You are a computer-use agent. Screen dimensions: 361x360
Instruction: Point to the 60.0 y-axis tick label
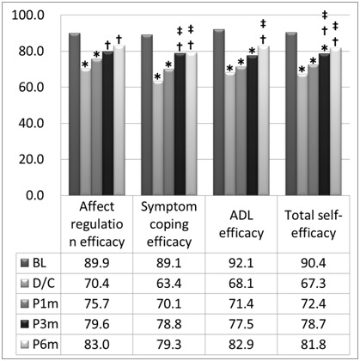pyautogui.click(x=32, y=88)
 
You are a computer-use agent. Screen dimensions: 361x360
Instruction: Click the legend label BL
pyautogui.click(x=41, y=261)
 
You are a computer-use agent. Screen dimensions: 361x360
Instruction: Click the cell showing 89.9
pyautogui.click(x=97, y=261)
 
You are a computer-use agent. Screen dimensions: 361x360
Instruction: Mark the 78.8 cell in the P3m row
pyautogui.click(x=168, y=323)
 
